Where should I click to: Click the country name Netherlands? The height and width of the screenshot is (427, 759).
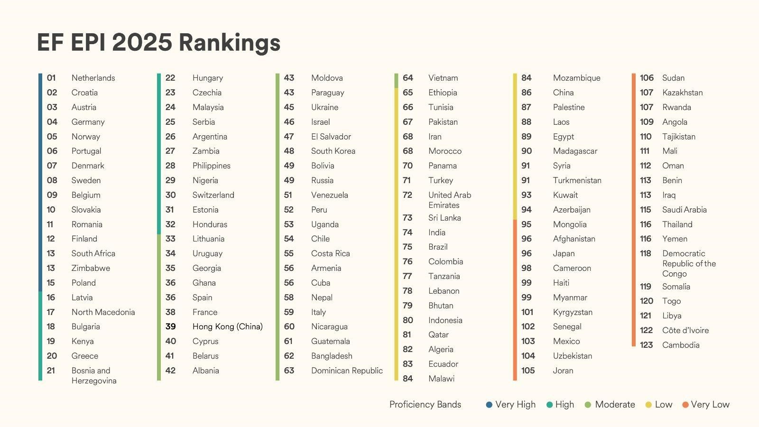coord(93,78)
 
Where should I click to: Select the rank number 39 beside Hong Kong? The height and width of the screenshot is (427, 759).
coord(171,326)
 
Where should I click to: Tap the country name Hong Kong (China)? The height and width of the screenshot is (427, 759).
coord(227,326)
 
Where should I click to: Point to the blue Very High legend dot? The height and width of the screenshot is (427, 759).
coord(489,405)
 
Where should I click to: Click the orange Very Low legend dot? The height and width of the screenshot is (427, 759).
coord(685,405)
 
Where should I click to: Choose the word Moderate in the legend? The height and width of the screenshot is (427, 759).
coord(615,405)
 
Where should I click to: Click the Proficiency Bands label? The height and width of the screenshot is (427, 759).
coord(425,405)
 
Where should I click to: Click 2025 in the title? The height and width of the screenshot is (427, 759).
coord(142,43)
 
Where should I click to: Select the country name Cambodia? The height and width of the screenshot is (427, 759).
coord(681,345)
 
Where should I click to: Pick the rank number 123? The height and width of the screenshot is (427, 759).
coord(647,345)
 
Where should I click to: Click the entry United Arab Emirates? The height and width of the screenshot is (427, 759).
coord(449,200)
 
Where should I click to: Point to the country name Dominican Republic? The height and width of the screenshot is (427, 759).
coord(347,371)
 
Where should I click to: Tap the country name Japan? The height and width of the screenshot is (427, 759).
coord(564,253)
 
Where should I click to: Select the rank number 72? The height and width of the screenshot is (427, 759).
coord(407,195)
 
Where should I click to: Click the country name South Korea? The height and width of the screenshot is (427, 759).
coord(333,151)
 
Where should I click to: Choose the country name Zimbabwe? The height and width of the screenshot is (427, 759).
coord(91,268)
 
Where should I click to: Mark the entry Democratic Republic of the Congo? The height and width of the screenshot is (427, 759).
coord(689,263)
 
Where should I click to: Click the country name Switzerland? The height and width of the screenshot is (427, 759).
coord(213,195)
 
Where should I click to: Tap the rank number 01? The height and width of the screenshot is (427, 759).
coord(52,78)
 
